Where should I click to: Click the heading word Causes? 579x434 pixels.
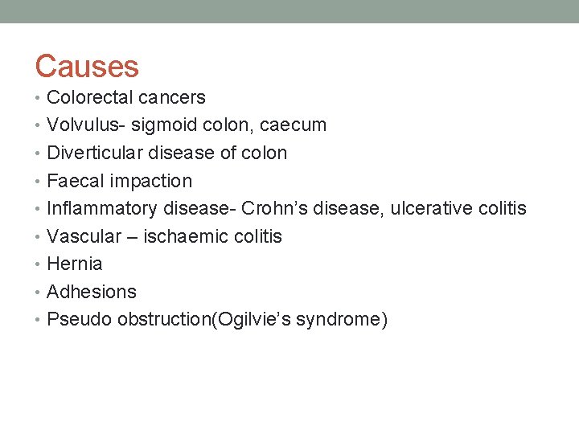tap(87, 66)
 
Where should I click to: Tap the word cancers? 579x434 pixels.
tap(173, 98)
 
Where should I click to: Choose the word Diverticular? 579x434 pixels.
tap(95, 154)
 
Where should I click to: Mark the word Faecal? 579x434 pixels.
tap(76, 182)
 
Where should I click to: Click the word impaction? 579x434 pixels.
tap(151, 182)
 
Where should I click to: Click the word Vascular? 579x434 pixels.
tap(84, 237)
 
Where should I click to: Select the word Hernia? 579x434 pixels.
tap(75, 264)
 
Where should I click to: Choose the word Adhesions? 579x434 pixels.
tap(92, 293)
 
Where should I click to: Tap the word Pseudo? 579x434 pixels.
tap(80, 320)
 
